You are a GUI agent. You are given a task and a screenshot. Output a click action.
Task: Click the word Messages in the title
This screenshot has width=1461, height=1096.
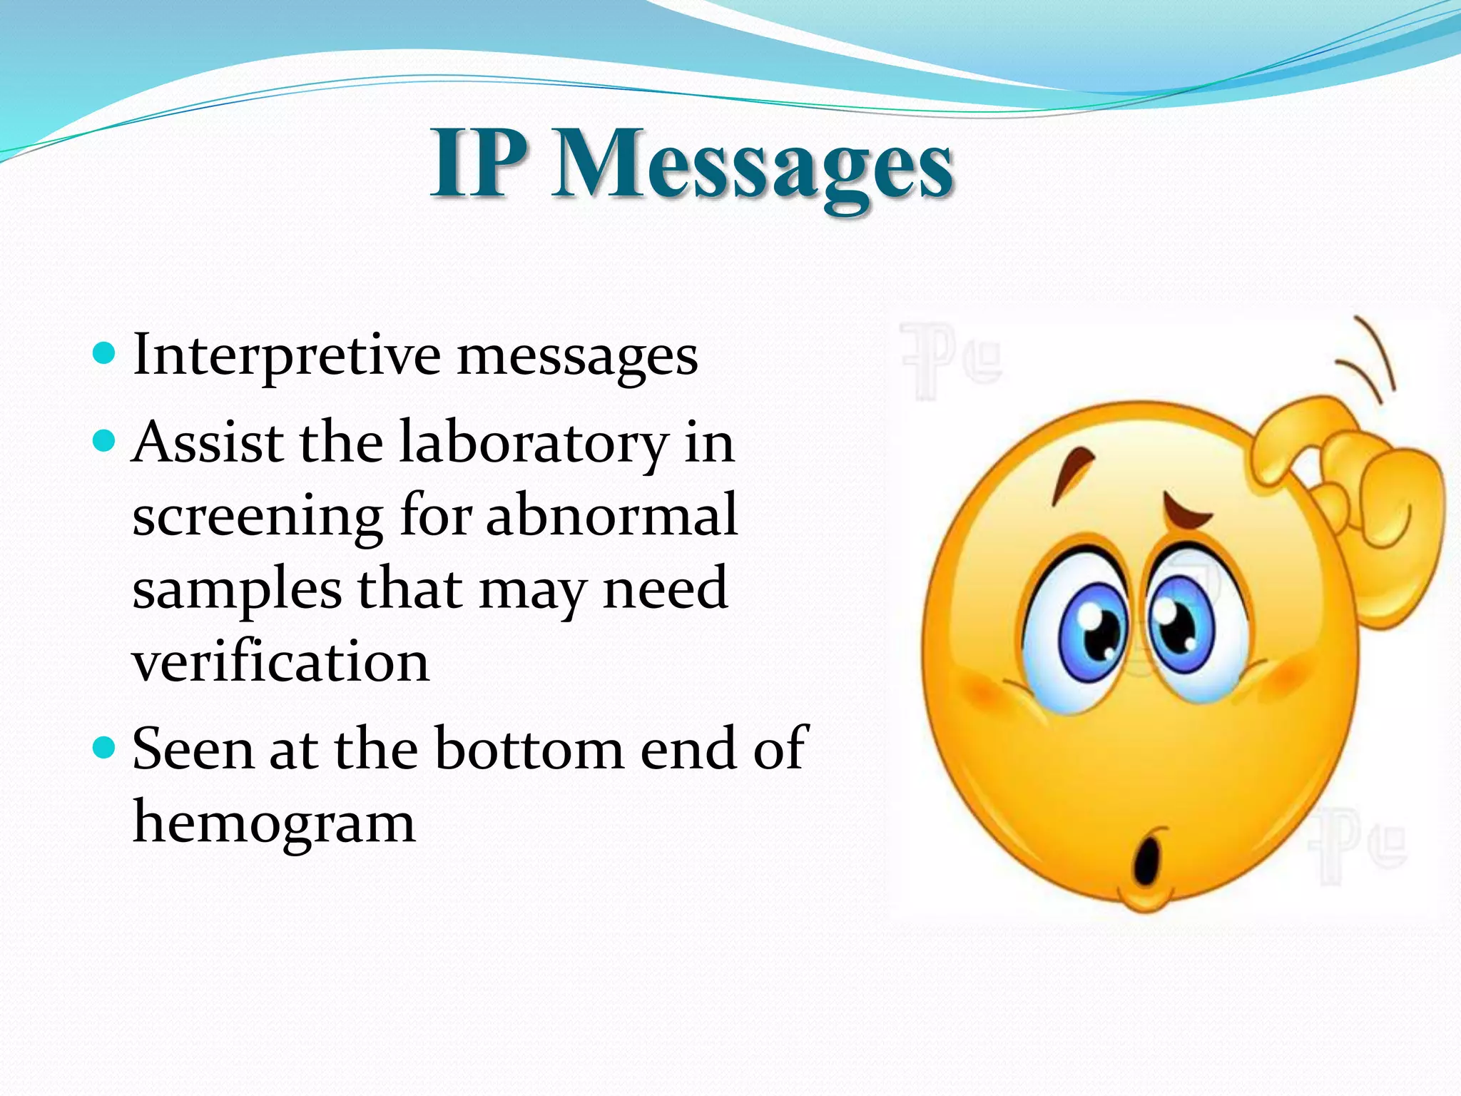coord(753,166)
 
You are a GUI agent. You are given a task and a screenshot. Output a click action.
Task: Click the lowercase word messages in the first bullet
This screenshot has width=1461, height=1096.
coord(577,356)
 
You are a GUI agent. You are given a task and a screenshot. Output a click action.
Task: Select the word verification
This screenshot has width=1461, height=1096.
coord(281,661)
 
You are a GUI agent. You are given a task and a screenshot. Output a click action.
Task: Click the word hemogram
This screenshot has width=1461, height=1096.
coord(274,822)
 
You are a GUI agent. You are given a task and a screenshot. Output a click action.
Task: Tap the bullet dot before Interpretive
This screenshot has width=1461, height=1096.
coord(104,353)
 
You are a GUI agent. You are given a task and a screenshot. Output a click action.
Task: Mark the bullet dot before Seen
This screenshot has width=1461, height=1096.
coord(104,748)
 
